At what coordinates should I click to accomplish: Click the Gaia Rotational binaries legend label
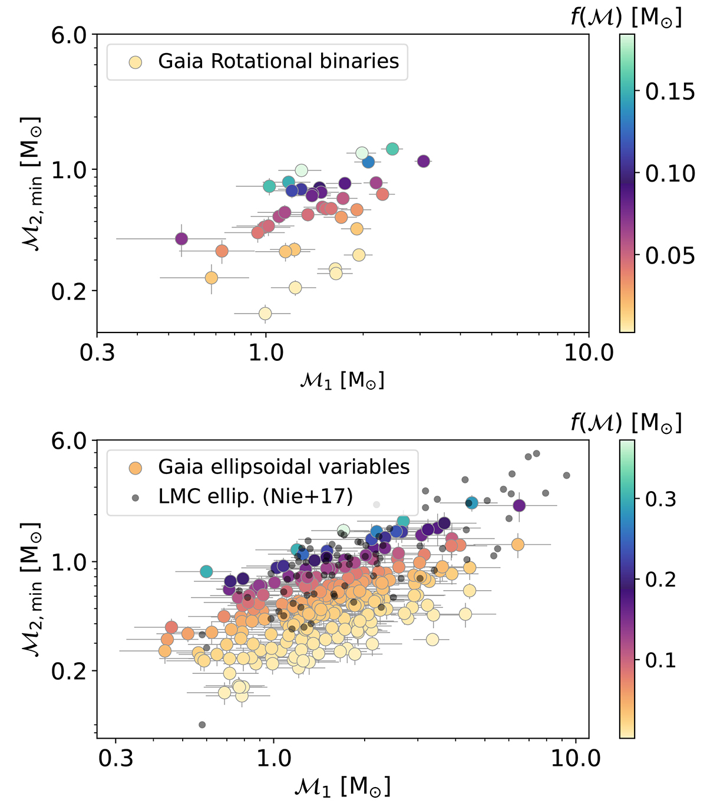278,61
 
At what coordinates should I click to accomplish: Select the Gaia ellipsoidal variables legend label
283,467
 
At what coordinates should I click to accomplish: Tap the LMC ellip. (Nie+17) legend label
255,496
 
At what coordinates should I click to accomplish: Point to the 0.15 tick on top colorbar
669,92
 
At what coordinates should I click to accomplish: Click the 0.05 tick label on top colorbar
669,256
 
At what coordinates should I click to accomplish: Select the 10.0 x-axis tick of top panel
589,353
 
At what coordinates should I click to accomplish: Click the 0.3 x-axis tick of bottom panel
115,758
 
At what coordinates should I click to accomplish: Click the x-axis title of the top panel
342,381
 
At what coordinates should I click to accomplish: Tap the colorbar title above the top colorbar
626,18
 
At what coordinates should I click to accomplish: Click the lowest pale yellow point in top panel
265,313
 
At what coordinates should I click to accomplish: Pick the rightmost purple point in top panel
423,161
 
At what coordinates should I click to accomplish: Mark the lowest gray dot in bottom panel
202,725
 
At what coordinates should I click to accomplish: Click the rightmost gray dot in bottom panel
567,475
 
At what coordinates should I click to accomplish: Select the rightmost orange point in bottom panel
517,544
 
